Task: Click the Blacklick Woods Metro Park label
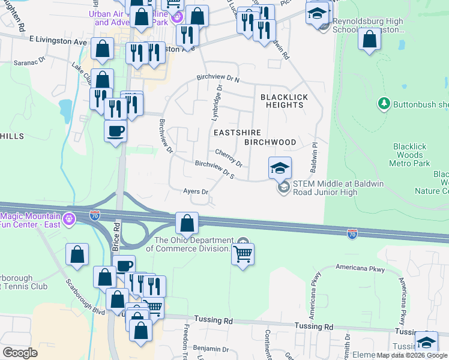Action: (x=412, y=155)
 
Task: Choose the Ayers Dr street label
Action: (x=196, y=192)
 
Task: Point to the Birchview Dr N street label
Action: (x=218, y=79)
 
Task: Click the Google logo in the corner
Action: (x=19, y=353)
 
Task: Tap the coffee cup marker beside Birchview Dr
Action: (x=115, y=131)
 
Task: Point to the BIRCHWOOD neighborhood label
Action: (x=270, y=142)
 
